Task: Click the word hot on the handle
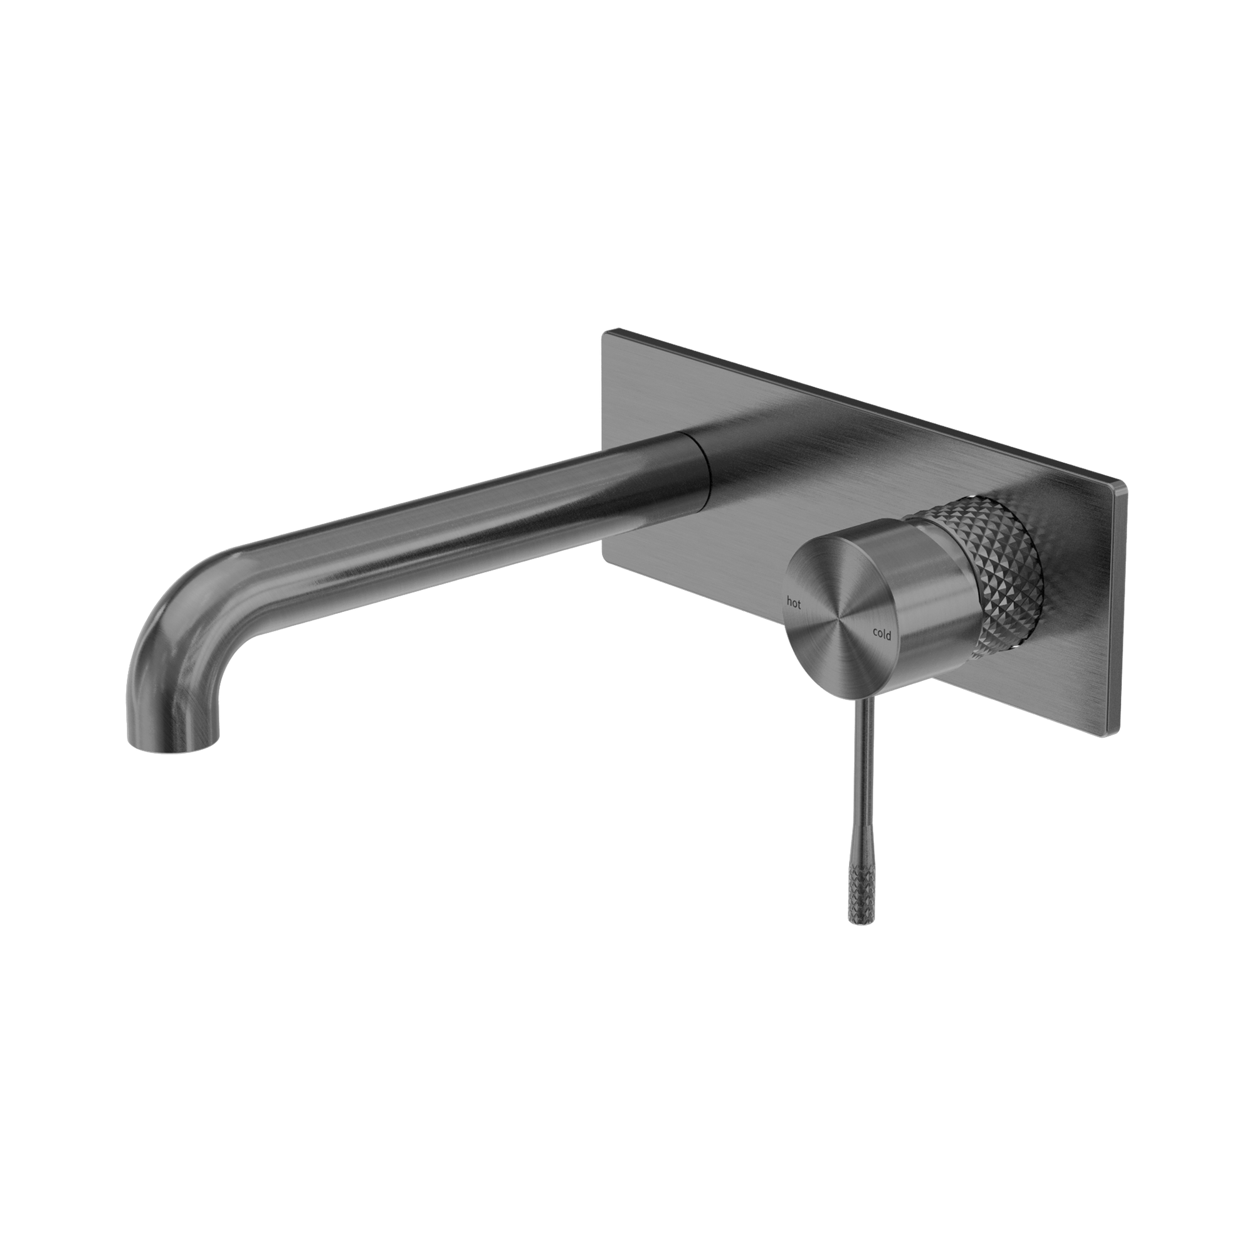(x=794, y=603)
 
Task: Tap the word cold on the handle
(x=882, y=634)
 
